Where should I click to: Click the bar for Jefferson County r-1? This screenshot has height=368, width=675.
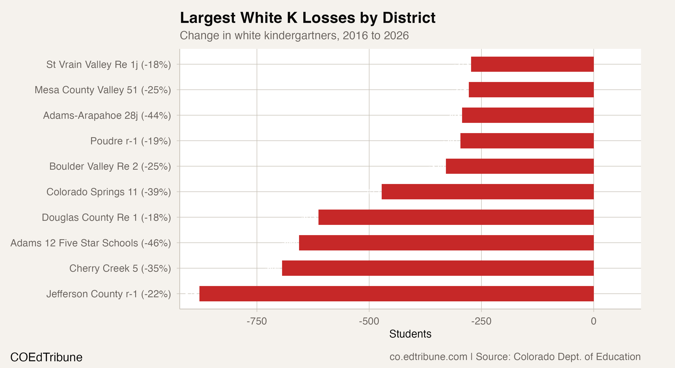(396, 294)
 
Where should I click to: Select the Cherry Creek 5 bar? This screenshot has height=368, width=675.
(438, 268)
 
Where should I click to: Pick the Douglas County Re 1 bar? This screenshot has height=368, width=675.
(456, 217)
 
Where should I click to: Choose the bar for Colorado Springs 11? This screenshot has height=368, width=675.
(487, 192)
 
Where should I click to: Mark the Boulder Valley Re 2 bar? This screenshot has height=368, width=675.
(520, 166)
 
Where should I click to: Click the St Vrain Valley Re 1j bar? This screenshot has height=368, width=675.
(532, 64)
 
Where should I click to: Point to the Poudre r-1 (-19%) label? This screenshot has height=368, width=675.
(130, 141)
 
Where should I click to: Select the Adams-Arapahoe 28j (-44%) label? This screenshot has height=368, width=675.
(107, 116)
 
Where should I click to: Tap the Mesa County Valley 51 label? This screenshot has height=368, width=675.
(103, 90)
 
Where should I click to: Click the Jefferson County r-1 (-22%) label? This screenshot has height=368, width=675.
(108, 294)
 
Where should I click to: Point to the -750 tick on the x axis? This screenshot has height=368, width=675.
(257, 321)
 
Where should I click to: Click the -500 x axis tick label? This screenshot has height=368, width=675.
(369, 321)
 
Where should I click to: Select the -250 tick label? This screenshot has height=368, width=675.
(481, 321)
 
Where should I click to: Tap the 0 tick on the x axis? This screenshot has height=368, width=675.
(594, 321)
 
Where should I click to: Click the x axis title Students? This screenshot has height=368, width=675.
(410, 334)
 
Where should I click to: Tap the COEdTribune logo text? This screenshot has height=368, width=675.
(46, 357)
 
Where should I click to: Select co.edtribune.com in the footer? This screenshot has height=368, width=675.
(428, 357)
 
